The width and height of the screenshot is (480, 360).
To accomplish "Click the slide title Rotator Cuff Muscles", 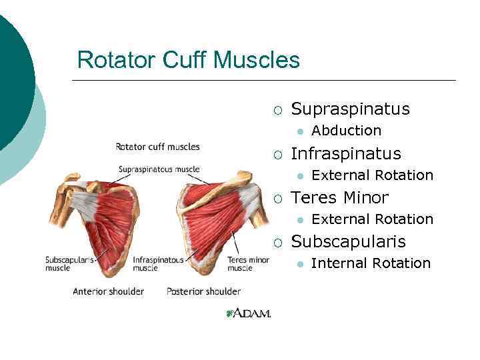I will pyautogui.click(x=188, y=61).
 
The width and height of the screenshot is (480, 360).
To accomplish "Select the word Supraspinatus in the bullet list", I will pyautogui.click(x=351, y=109).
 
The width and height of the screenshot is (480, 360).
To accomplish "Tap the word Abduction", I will pyautogui.click(x=346, y=131).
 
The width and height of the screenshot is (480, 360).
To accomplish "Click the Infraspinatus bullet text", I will pyautogui.click(x=346, y=153).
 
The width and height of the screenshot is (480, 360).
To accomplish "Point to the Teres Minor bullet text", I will pyautogui.click(x=340, y=197).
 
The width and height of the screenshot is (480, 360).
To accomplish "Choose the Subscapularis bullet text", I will pyautogui.click(x=348, y=241).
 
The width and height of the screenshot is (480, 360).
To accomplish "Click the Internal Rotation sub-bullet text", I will pyautogui.click(x=371, y=263).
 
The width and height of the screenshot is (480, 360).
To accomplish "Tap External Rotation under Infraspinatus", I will pyautogui.click(x=372, y=175).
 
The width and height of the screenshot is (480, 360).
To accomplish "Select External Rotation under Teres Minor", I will pyautogui.click(x=372, y=219).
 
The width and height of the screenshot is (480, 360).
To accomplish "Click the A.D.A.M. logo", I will pyautogui.click(x=248, y=313).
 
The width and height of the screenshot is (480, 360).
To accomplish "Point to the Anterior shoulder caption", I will pyautogui.click(x=108, y=291).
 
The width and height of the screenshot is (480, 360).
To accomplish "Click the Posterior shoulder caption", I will pyautogui.click(x=203, y=291).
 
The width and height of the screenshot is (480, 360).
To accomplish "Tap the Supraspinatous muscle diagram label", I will pyautogui.click(x=159, y=169).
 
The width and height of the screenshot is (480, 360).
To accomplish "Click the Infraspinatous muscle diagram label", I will pyautogui.click(x=159, y=263).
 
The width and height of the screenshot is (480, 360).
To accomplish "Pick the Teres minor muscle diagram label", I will pyautogui.click(x=248, y=263).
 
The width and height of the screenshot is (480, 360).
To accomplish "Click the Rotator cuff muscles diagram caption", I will pyautogui.click(x=157, y=147).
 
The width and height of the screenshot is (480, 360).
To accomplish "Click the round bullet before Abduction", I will pyautogui.click(x=301, y=131).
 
